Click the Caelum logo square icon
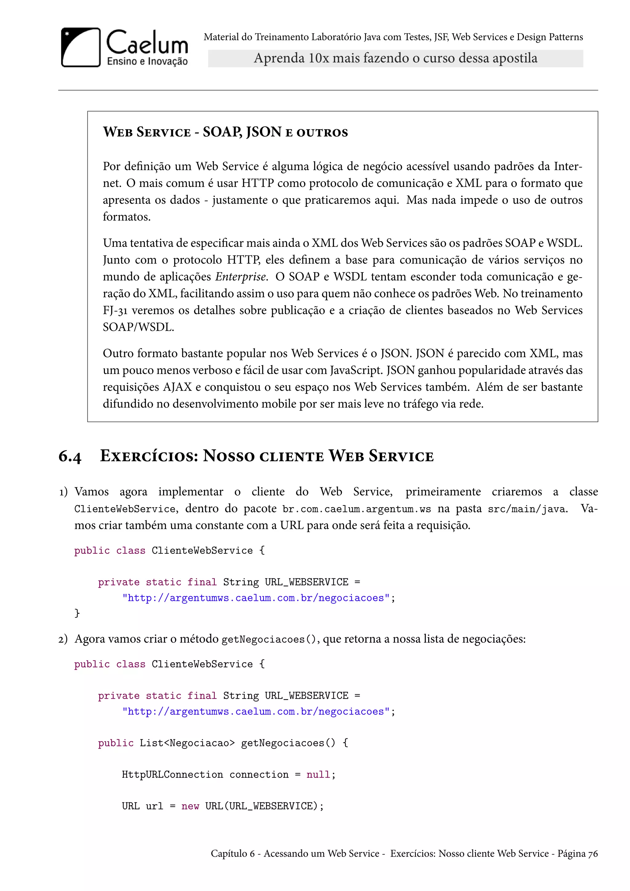click(81, 47)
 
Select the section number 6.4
click(70, 456)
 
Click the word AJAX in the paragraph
click(177, 387)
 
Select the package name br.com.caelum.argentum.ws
click(357, 509)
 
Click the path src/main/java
click(527, 509)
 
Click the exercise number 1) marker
click(63, 492)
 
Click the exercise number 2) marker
click(63, 639)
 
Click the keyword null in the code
click(318, 775)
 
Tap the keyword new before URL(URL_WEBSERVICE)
click(190, 806)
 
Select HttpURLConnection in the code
click(172, 775)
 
